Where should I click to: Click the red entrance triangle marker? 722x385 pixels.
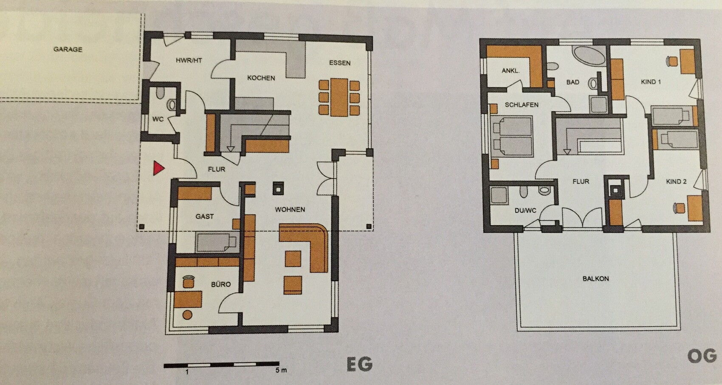(158, 168)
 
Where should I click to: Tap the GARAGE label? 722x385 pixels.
(68, 49)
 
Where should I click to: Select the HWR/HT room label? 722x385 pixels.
(189, 60)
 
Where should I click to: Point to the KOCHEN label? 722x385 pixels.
(261, 78)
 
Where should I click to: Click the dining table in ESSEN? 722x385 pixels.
(339, 97)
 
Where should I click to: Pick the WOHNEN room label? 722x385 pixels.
(290, 209)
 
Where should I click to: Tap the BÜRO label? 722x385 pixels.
(221, 284)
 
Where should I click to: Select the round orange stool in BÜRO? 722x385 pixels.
(187, 315)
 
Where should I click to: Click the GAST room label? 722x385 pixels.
(205, 216)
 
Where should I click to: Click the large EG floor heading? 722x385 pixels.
(360, 364)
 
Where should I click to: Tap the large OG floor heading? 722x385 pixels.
(702, 357)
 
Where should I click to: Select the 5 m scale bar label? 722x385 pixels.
(281, 371)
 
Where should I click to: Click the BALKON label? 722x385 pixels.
(595, 278)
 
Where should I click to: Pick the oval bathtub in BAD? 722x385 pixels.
(589, 56)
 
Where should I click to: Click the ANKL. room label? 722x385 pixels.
(511, 70)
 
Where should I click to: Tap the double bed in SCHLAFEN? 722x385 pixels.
(511, 137)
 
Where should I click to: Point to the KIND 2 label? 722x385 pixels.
(676, 182)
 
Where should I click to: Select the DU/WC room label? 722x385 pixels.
(525, 211)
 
